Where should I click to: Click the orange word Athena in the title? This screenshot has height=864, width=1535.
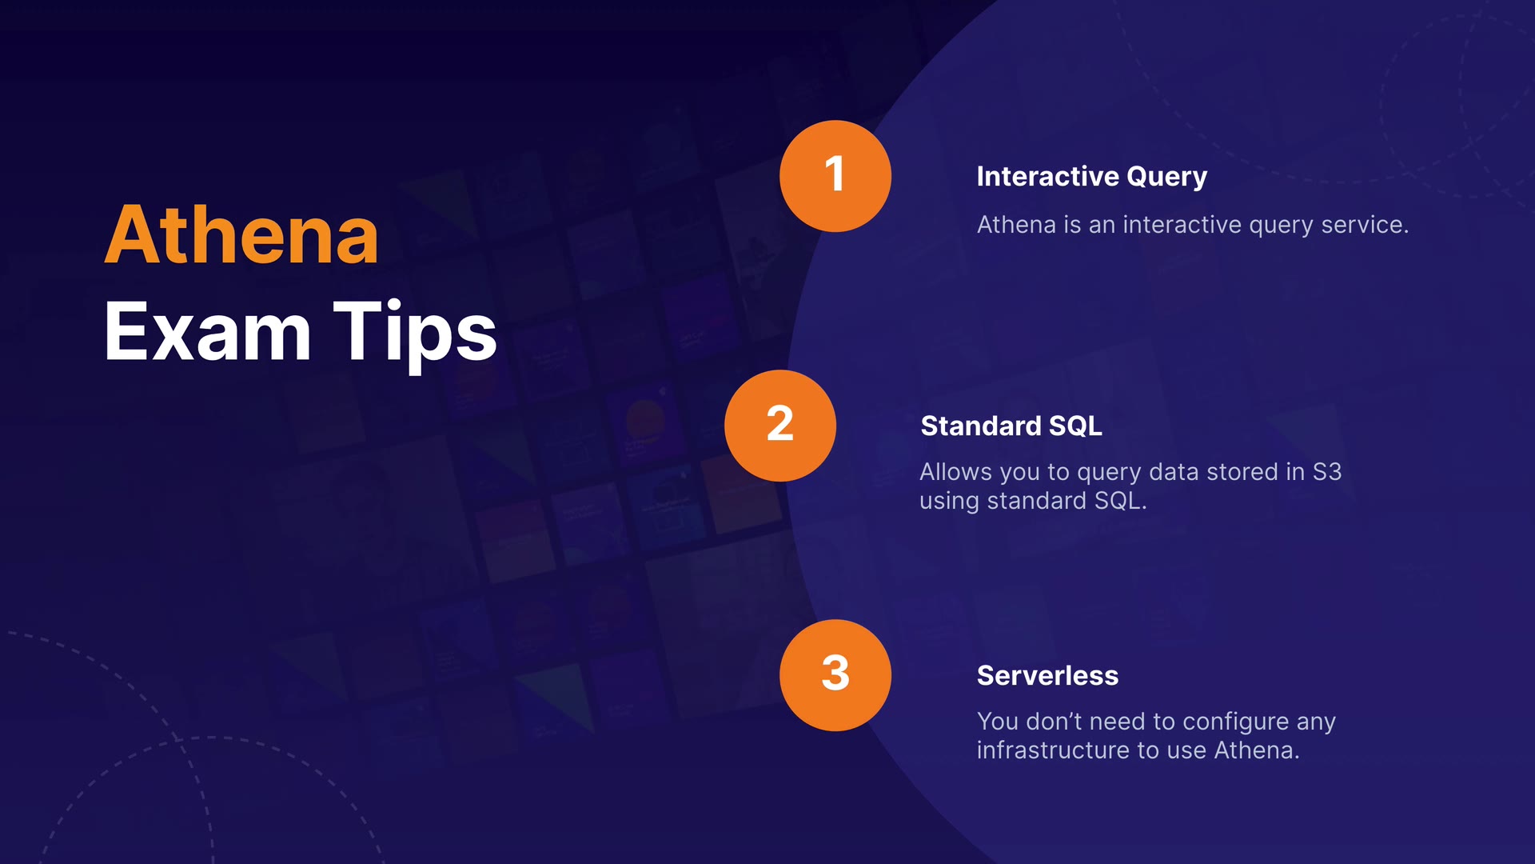tap(241, 235)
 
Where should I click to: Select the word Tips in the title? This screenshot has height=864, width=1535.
tap(416, 332)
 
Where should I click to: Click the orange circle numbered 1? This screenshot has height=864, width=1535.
tap(835, 176)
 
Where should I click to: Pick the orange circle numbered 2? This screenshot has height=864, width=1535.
tap(780, 426)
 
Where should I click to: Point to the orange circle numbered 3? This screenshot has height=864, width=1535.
tap(835, 675)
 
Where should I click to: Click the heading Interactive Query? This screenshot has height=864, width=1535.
tap(1091, 177)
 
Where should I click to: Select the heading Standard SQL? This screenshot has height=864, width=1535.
tap(1011, 426)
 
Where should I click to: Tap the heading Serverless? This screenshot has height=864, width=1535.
tap(1047, 676)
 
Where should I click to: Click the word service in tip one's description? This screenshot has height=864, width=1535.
tap(1365, 225)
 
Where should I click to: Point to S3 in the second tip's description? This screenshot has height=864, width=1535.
tap(1327, 472)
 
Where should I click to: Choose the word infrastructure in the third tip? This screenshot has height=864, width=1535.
tap(1053, 750)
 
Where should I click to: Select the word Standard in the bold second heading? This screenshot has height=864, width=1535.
tap(981, 426)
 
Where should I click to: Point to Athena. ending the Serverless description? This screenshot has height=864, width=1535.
tap(1257, 750)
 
